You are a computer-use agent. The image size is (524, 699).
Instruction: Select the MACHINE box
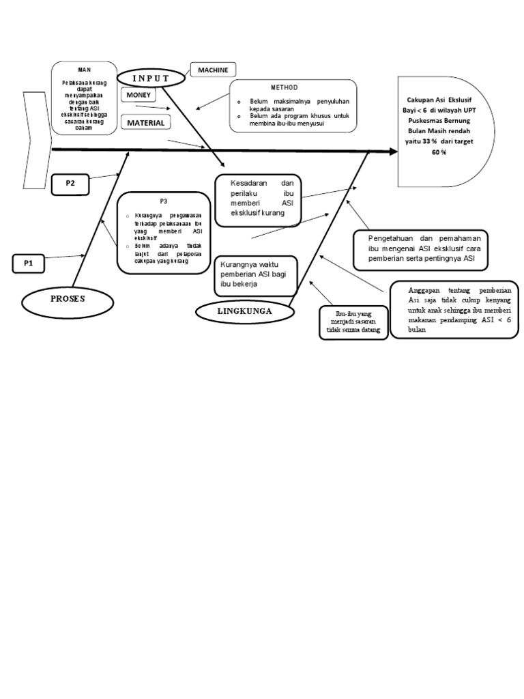[213, 70]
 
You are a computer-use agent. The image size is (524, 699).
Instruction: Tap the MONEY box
[139, 95]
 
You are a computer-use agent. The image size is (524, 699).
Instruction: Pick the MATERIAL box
[145, 123]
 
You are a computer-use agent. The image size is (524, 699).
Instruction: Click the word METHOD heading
[285, 87]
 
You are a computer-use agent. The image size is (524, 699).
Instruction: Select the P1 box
[29, 263]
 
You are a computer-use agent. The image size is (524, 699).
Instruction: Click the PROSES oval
[67, 299]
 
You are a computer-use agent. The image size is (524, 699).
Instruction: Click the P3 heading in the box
[164, 201]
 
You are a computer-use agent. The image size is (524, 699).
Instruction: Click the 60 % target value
[439, 152]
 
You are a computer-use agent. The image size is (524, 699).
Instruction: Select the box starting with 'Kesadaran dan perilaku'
[258, 199]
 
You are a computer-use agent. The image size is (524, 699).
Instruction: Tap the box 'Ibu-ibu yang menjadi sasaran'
[353, 322]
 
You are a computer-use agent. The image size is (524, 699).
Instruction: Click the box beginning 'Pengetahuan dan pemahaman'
[419, 249]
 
